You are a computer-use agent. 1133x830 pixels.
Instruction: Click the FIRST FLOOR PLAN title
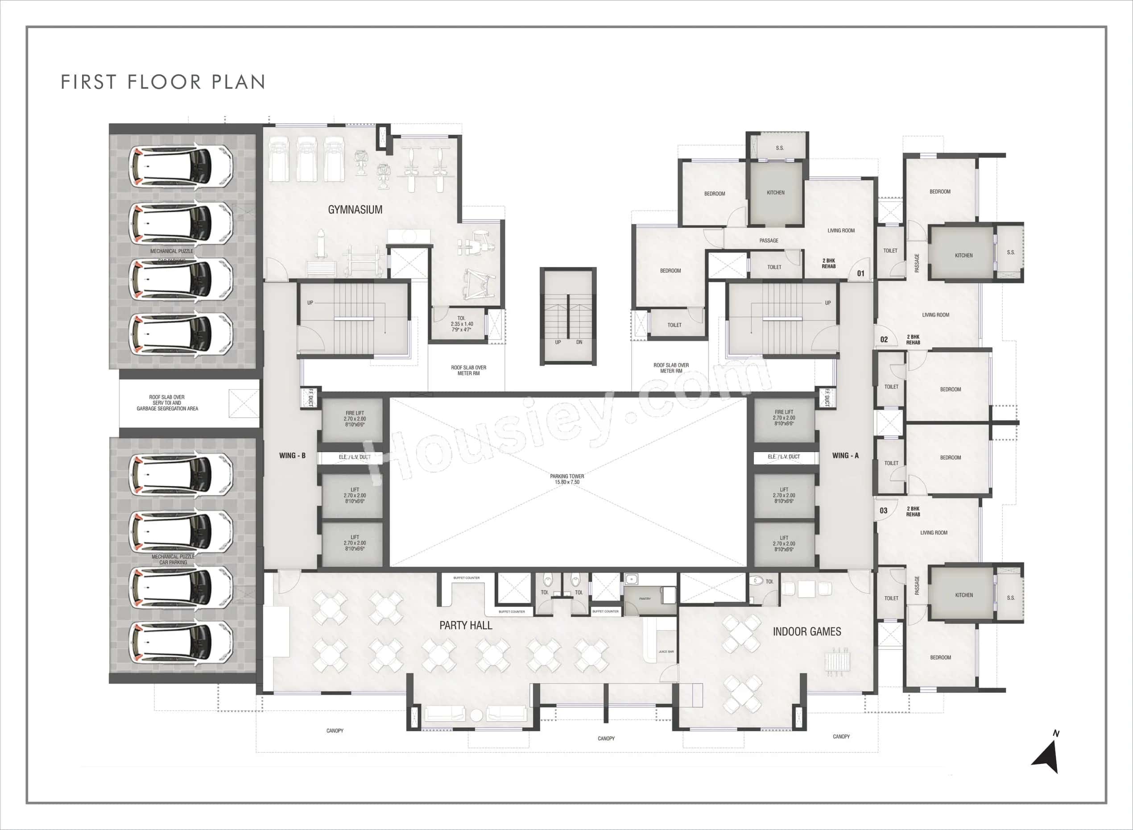pos(163,82)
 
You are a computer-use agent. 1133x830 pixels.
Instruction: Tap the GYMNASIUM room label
pos(355,210)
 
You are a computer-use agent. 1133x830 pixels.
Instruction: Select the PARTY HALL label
pos(466,625)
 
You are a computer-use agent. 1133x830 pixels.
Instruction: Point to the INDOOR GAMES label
pos(806,631)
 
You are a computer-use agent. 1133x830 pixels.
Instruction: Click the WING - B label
pos(292,455)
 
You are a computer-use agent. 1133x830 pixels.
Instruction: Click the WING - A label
pos(845,455)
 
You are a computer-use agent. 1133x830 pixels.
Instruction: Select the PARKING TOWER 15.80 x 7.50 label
pos(567,479)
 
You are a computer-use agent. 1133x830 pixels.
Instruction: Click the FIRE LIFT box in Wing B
pos(355,419)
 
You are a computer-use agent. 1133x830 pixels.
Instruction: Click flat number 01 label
pos(861,273)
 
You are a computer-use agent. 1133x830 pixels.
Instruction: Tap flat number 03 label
pos(883,510)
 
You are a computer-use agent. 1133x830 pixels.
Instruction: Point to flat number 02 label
pos(884,340)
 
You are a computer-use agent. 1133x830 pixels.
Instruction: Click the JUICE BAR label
pos(666,652)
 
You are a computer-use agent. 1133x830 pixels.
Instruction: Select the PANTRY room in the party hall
pos(645,599)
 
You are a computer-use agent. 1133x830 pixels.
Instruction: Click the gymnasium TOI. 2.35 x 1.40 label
pos(462,324)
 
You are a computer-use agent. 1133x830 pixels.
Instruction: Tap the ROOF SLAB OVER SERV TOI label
pos(167,403)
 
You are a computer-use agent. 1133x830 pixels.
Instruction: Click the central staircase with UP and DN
pos(568,316)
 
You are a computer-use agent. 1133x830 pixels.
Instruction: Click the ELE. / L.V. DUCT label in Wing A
pos(783,456)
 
